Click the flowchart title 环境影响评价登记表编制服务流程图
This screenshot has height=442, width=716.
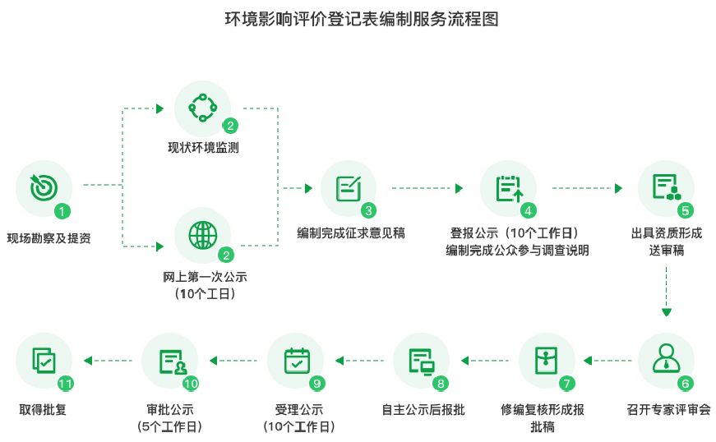pyautogui.click(x=358, y=19)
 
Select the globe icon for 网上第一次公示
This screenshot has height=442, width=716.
pyautogui.click(x=202, y=235)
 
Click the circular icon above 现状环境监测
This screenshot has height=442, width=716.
pyautogui.click(x=202, y=108)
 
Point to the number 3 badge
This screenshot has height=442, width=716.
pyautogui.click(x=368, y=210)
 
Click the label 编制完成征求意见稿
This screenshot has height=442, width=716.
pyautogui.click(x=350, y=233)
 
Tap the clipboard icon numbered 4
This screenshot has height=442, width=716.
pyautogui.click(x=508, y=188)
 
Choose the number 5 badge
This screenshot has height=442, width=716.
pyautogui.click(x=686, y=210)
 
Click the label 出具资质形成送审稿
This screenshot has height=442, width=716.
pyautogui.click(x=667, y=242)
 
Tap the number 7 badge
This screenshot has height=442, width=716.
pyautogui.click(x=566, y=384)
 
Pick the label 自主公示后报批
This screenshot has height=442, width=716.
pyautogui.click(x=423, y=409)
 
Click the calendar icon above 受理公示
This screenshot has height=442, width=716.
pyautogui.click(x=295, y=360)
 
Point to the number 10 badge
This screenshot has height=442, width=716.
pyautogui.click(x=191, y=384)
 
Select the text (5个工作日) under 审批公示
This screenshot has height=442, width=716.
pyautogui.click(x=170, y=426)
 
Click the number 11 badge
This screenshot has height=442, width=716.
pyautogui.click(x=66, y=384)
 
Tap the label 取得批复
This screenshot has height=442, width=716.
pyautogui.click(x=43, y=409)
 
